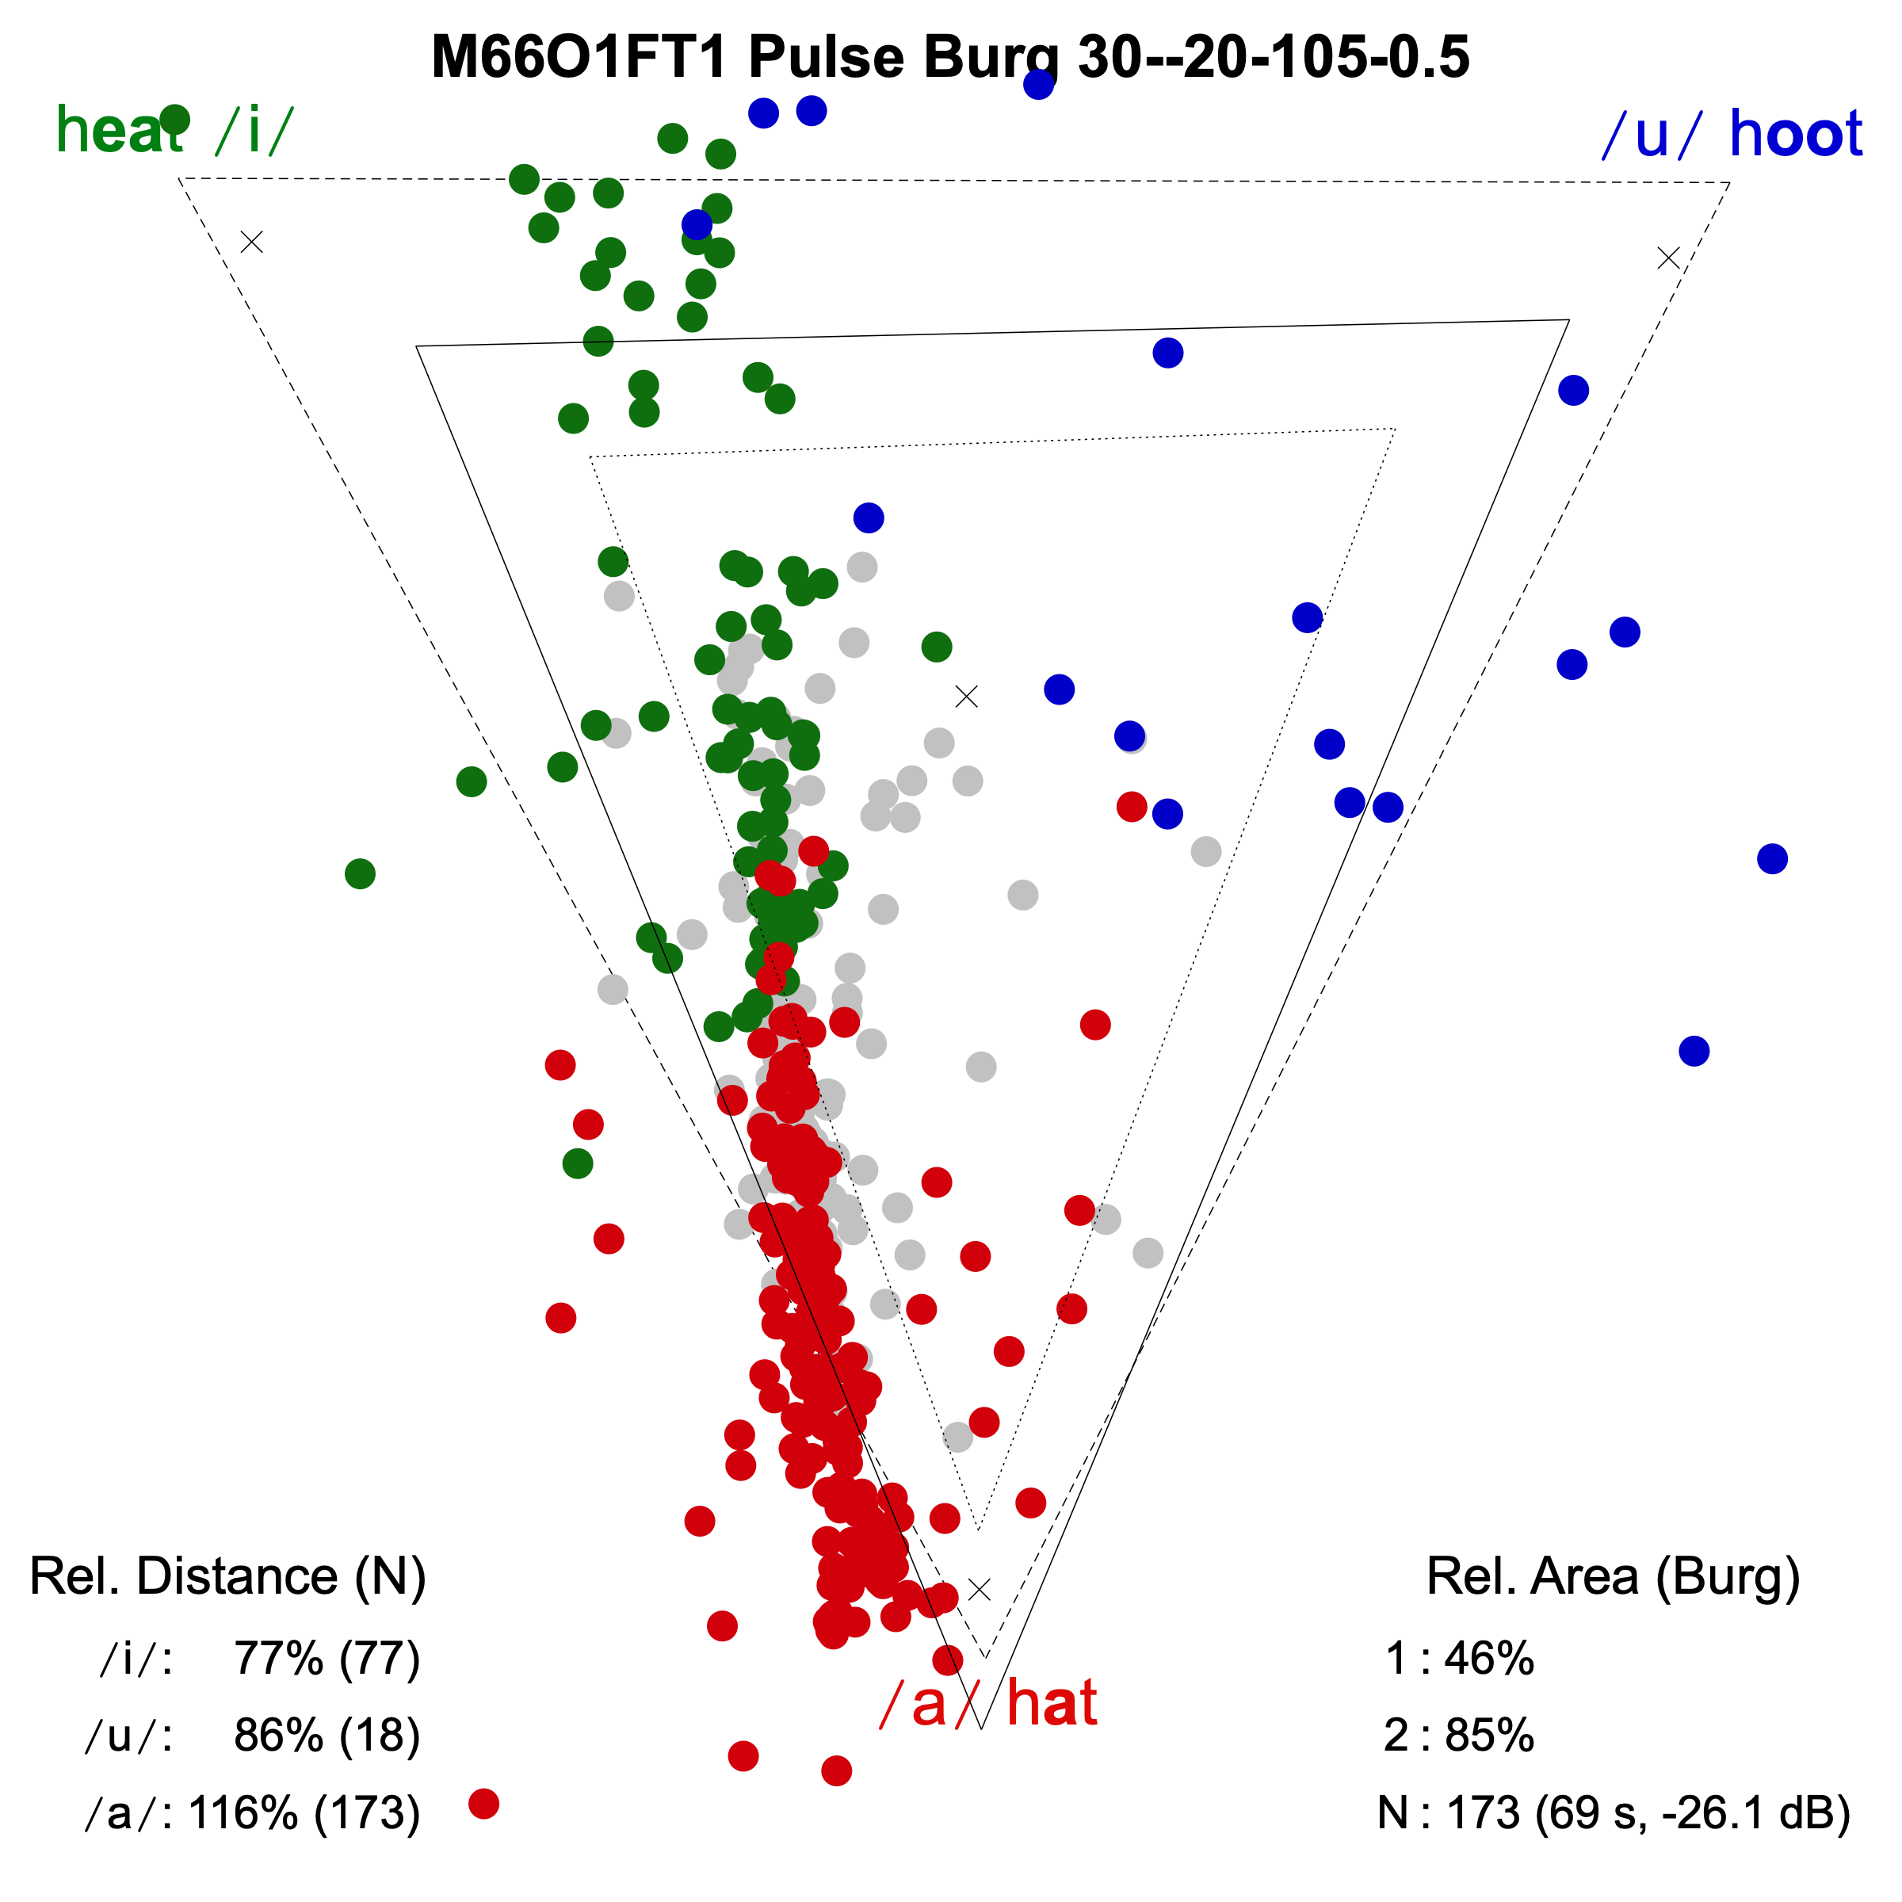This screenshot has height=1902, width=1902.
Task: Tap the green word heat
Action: (x=118, y=131)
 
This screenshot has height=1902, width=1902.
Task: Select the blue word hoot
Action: (x=1795, y=135)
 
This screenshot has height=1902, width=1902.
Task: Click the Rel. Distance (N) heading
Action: (x=227, y=1576)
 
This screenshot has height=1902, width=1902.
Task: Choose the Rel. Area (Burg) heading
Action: (x=1613, y=1576)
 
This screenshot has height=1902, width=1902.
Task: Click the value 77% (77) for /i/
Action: (x=327, y=1659)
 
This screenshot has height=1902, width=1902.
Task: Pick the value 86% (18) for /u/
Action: (x=327, y=1736)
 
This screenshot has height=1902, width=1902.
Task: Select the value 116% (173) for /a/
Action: (x=304, y=1812)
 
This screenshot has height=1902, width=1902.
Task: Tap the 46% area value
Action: (x=1488, y=1659)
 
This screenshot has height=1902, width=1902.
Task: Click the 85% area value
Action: (x=1488, y=1736)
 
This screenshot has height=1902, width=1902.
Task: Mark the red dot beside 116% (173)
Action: (x=483, y=1804)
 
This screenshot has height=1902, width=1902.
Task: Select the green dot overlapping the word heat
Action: (x=174, y=119)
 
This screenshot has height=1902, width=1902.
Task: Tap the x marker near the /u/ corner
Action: (x=1667, y=258)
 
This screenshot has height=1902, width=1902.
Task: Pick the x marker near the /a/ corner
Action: (x=979, y=1590)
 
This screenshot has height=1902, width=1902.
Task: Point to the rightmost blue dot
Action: (x=1772, y=858)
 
